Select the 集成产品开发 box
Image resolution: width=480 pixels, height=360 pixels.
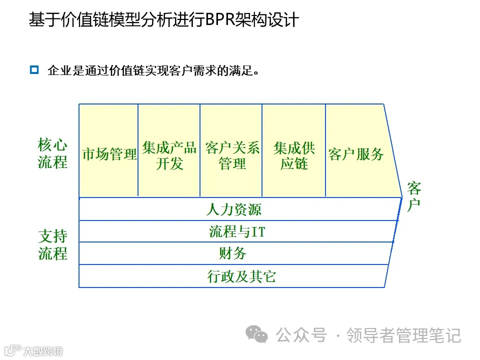click(169, 155)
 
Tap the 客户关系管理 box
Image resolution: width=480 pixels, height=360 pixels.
click(231, 155)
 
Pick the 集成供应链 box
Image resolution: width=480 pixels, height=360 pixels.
click(294, 155)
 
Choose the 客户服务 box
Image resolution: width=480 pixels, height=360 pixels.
click(356, 153)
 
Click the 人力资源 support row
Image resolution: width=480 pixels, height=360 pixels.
click(234, 209)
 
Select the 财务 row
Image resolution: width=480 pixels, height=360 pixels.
click(233, 253)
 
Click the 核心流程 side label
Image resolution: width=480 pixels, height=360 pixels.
click(52, 154)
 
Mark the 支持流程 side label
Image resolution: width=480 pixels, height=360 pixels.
click(52, 244)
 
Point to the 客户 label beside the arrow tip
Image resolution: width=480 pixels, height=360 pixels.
click(414, 197)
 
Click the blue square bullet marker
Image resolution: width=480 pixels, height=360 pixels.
click(34, 70)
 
